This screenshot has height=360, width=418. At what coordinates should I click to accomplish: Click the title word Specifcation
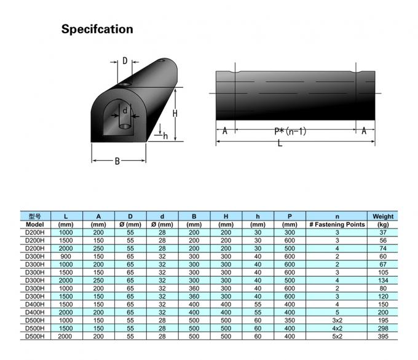tap(97, 29)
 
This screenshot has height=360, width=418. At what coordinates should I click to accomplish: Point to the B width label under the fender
tap(117, 162)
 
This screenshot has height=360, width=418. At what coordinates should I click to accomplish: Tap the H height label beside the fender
tap(175, 114)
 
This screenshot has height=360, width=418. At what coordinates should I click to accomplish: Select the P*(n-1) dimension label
tap(290, 131)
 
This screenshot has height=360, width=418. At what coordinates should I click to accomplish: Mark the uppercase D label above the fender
tap(124, 61)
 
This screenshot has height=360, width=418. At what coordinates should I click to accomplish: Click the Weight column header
tap(383, 216)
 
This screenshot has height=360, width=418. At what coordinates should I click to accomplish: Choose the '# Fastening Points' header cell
tap(337, 225)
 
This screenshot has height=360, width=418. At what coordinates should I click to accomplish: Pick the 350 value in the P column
tap(290, 321)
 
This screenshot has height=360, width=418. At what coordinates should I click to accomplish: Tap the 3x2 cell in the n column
tap(337, 321)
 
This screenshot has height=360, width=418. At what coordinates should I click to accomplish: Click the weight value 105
tap(383, 272)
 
